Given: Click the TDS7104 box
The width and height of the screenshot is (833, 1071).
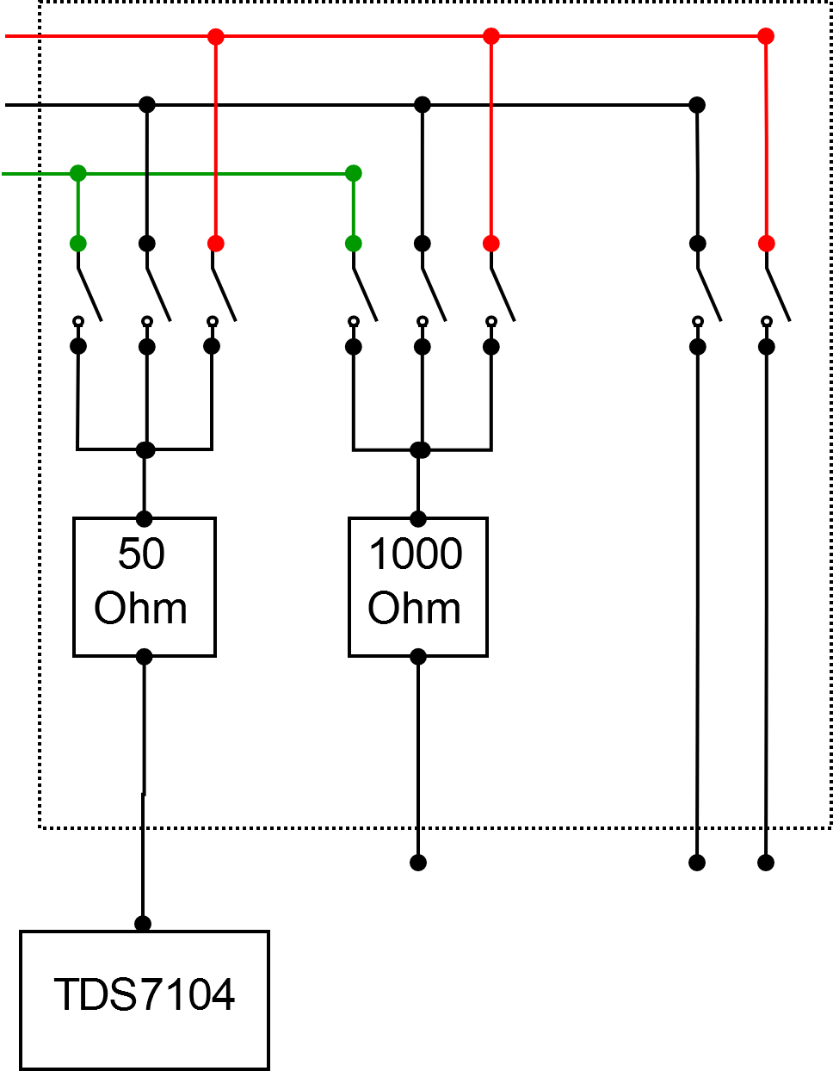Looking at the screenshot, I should tap(145, 1000).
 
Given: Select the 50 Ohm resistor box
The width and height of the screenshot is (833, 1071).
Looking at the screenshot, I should tap(144, 587).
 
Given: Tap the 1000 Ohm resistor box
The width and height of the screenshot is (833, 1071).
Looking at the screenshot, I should tap(418, 587).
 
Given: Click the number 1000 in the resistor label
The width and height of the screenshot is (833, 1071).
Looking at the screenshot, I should tap(416, 554).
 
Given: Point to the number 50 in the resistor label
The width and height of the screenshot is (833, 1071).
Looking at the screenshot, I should tap(141, 554).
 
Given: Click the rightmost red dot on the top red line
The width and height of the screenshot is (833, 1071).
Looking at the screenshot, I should tap(766, 36).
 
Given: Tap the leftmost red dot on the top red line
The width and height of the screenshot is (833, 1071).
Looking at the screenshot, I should tap(216, 36).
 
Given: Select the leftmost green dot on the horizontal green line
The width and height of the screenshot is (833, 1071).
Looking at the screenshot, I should tap(78, 174).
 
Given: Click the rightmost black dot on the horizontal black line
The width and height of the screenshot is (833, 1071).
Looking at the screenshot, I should tap(697, 105).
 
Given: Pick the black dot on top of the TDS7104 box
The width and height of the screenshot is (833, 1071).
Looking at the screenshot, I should tap(143, 924).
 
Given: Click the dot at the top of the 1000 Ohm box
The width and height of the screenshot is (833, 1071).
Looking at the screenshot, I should tap(418, 519).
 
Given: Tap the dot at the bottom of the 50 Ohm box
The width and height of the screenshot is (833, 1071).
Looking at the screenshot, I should tap(144, 657).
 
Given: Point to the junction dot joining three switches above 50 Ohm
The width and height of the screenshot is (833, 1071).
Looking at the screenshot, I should tap(145, 449).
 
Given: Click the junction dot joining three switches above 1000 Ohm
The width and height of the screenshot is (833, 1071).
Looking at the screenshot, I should tap(420, 449).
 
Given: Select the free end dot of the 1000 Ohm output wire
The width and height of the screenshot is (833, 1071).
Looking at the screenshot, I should tap(418, 862).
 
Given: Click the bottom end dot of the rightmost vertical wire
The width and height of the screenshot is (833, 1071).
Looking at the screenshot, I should tap(766, 862).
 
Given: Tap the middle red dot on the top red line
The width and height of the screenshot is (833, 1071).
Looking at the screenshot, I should tap(491, 36).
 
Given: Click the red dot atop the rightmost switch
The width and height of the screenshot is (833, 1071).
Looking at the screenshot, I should tap(767, 244).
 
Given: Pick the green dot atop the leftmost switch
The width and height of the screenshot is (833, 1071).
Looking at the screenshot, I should tap(78, 244).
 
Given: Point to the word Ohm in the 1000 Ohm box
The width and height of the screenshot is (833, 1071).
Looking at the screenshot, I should tap(415, 609).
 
